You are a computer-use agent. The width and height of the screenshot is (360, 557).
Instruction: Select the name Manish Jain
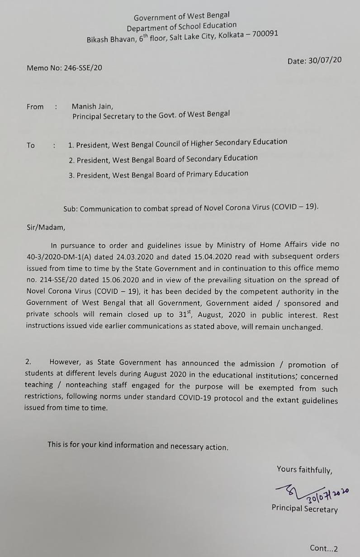pos(92,107)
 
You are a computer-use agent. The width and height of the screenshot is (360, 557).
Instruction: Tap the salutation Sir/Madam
pos(45,228)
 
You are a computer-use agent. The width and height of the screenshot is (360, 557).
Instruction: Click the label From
pos(35,107)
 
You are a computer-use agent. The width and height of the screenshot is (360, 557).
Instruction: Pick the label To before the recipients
pos(31,145)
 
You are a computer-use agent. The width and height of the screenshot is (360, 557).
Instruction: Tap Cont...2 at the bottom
pos(323,548)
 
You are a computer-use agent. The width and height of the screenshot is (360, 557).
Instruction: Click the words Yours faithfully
pos(304,470)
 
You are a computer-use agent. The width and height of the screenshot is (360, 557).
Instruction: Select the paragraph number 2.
pos(28,362)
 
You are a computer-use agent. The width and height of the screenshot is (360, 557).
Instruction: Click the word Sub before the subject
pos(70,209)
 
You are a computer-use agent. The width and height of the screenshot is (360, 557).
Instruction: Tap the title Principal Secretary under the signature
pos(304,509)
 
